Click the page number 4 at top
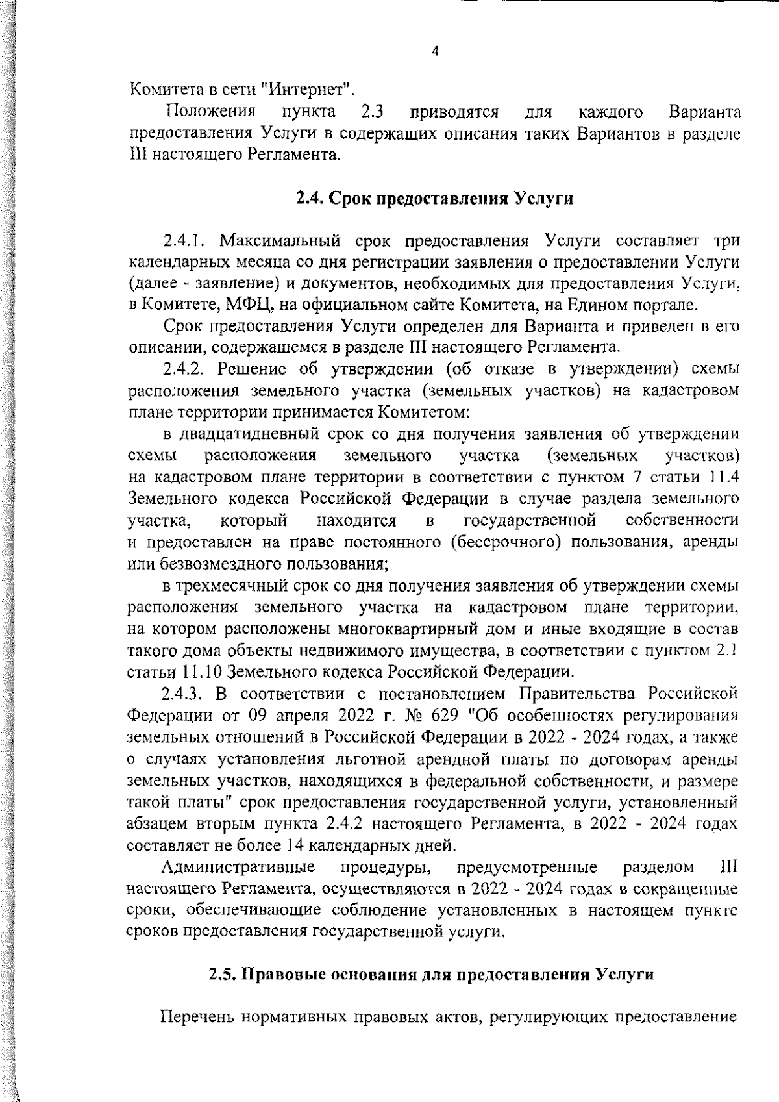pyautogui.click(x=435, y=53)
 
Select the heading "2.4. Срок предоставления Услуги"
pyautogui.click(x=434, y=198)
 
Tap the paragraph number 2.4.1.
pyautogui.click(x=184, y=242)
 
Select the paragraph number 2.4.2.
pyautogui.click(x=184, y=369)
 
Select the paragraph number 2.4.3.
pyautogui.click(x=184, y=694)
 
